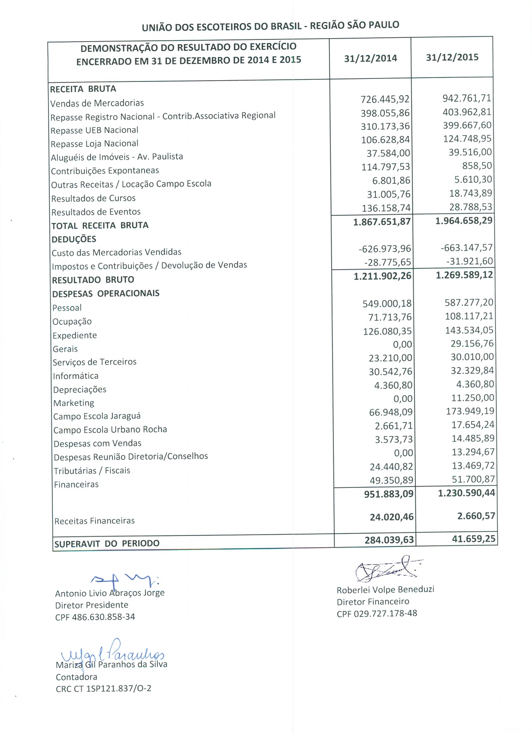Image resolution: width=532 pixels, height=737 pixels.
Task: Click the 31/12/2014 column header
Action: (x=370, y=58)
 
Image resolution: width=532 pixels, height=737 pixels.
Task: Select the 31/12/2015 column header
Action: (x=452, y=57)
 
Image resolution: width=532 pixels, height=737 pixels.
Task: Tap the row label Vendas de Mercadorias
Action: (x=97, y=103)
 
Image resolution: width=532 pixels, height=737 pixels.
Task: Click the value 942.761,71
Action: (x=467, y=98)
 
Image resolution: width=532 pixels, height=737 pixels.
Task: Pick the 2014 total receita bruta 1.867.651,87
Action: (x=382, y=222)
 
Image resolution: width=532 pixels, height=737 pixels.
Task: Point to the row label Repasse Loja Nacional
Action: (x=94, y=144)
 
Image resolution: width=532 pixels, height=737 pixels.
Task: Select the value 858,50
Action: (x=477, y=166)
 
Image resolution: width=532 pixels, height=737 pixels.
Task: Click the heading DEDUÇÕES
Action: (x=74, y=239)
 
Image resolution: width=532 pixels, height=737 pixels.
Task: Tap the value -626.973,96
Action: (x=385, y=249)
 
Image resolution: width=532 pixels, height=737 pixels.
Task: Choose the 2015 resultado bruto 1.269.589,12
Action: (x=464, y=275)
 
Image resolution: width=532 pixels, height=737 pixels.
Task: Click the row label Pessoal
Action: (x=67, y=308)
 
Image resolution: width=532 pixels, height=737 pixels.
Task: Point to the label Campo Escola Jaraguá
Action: (x=97, y=416)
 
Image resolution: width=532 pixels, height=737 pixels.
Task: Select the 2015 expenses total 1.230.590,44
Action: (x=466, y=493)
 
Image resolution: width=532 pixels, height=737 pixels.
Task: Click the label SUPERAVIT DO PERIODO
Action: (x=107, y=544)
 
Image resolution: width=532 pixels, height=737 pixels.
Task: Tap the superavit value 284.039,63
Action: (x=389, y=540)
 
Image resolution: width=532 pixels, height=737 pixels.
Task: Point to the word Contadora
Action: (x=76, y=677)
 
